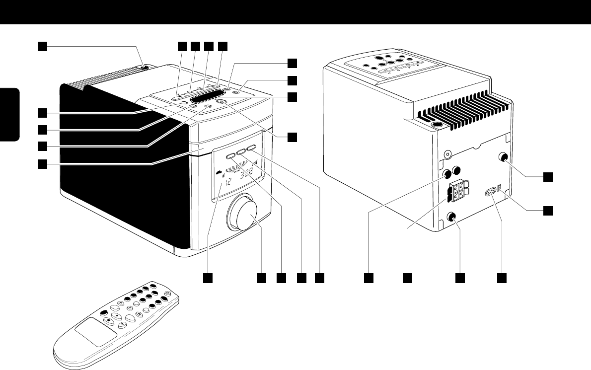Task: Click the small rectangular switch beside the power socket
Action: click(501, 190)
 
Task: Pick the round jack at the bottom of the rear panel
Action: click(452, 217)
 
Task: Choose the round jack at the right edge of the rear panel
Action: click(503, 157)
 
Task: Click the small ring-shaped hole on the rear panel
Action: click(449, 155)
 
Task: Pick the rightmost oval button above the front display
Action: click(250, 148)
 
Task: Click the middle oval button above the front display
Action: click(241, 152)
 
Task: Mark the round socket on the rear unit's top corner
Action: click(439, 126)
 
